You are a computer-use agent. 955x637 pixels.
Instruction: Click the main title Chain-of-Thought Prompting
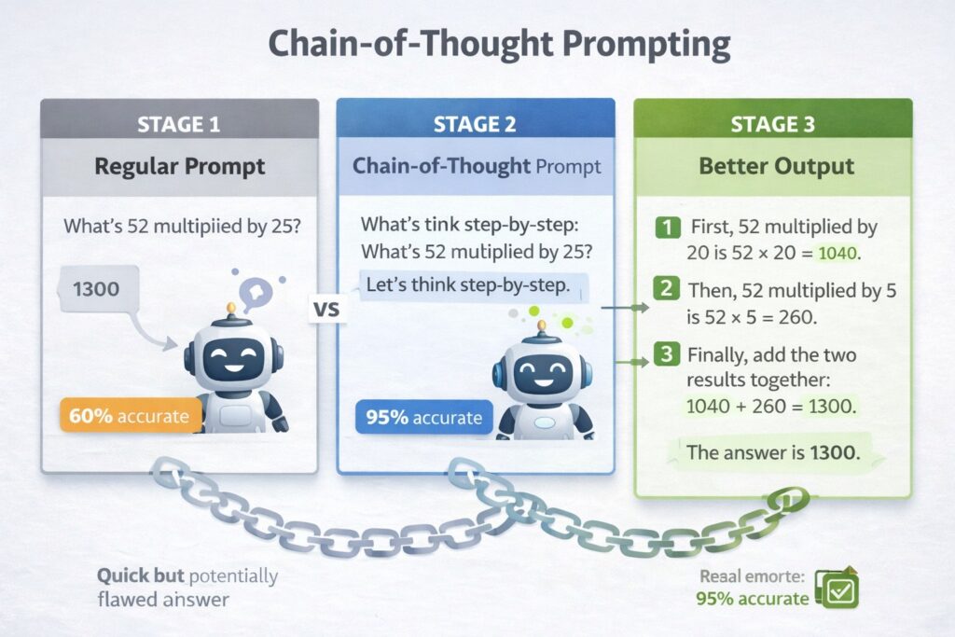477,45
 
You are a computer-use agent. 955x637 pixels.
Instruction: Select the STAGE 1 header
179,122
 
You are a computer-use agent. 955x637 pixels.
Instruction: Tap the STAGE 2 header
476,122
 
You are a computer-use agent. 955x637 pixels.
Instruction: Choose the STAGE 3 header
772,122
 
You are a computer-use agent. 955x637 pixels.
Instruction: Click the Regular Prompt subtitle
179,167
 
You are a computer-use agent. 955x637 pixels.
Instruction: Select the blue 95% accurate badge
423,417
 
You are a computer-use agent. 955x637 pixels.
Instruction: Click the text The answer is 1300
772,453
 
